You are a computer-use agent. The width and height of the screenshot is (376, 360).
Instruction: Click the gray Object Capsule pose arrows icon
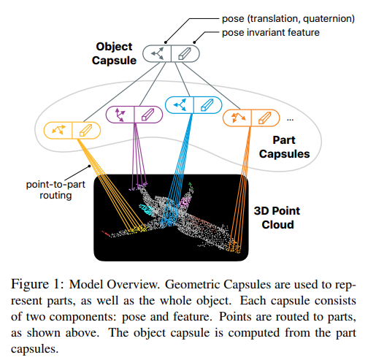point(157,53)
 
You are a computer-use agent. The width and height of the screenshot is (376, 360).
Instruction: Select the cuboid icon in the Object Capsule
point(185,53)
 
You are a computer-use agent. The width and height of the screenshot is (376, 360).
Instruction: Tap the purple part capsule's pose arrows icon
point(120,115)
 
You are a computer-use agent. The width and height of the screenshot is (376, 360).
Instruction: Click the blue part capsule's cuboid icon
point(207,105)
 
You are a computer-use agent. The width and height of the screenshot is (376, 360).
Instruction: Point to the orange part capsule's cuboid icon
point(264,118)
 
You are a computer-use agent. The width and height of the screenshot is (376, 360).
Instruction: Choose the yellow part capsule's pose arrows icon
point(59,130)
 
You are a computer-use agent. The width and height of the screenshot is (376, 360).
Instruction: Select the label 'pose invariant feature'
point(271,33)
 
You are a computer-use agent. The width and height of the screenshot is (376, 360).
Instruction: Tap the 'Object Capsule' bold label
point(114,53)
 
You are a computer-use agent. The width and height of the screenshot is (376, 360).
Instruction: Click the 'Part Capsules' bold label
point(284,147)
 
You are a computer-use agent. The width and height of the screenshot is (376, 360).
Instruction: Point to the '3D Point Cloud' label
point(277,218)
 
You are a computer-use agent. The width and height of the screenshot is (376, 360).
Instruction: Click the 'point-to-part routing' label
point(55,190)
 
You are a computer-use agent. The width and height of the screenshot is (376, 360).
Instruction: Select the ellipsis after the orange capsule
point(290,120)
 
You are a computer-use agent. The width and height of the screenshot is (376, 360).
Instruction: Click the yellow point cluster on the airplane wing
point(138,229)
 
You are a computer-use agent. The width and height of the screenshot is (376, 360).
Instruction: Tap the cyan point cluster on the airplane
point(146,209)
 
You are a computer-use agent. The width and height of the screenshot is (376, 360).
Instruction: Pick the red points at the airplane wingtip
point(106,234)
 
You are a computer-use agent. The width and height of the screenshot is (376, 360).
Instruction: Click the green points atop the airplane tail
point(191,186)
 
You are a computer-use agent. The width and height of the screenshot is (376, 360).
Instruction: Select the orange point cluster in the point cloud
point(233,247)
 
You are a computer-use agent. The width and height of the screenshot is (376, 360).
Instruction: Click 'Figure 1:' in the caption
point(37,284)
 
